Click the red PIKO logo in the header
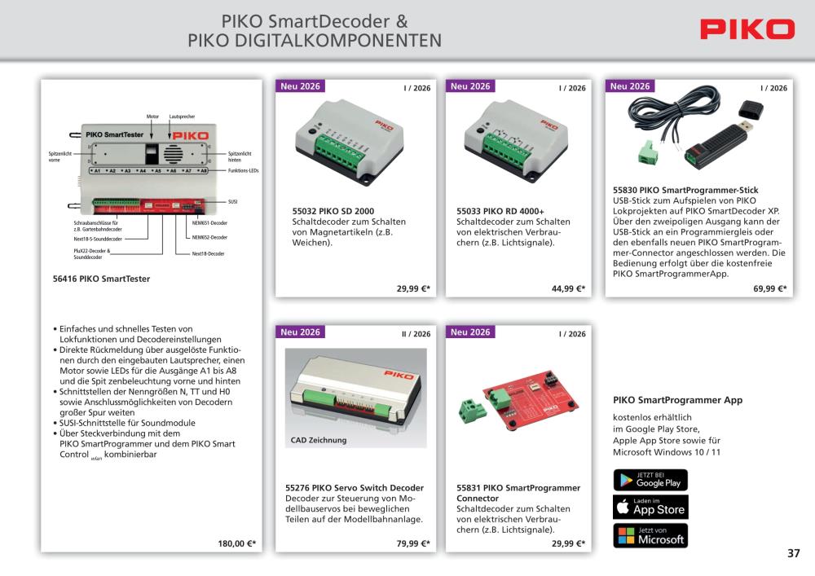tap(747, 29)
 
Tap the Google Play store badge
tap(650, 480)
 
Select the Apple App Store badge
tap(650, 507)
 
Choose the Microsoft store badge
tap(650, 535)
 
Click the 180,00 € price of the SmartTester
tap(236, 543)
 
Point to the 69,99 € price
tap(770, 288)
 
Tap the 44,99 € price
tap(568, 288)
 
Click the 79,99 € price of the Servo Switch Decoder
tap(413, 543)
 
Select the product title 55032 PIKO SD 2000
tap(333, 211)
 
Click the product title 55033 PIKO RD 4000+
tap(500, 211)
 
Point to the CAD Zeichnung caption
tap(318, 440)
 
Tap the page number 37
tap(793, 553)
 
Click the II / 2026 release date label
tap(416, 334)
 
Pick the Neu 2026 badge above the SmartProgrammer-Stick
tap(629, 86)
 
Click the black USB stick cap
tap(751, 110)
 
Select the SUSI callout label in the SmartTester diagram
tap(232, 201)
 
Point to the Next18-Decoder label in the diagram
tap(208, 253)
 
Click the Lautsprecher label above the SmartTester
tap(182, 117)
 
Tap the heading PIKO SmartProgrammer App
tap(678, 400)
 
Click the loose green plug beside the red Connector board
tap(473, 409)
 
